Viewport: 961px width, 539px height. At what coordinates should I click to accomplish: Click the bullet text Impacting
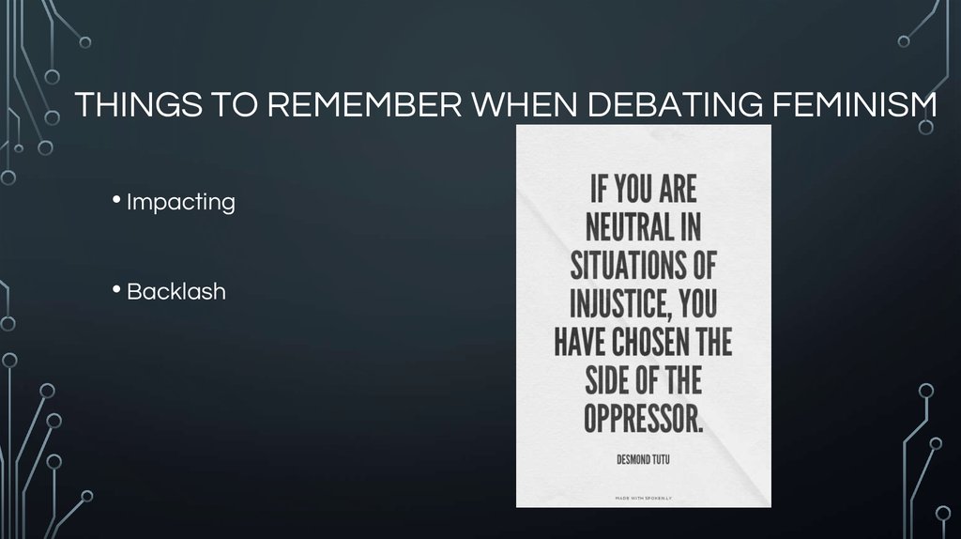pos(180,202)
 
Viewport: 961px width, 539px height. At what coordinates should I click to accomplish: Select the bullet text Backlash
pos(175,291)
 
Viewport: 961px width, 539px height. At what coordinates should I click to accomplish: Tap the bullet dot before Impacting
pos(116,199)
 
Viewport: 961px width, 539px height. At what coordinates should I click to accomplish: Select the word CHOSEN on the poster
pos(645,341)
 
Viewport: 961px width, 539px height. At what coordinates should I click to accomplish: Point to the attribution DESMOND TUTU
pos(643,459)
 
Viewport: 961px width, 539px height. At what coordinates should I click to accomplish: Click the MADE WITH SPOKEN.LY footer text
pos(643,496)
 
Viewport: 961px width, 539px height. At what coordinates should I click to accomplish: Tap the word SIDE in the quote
pos(610,379)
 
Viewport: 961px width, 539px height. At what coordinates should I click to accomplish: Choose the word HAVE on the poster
pos(579,341)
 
